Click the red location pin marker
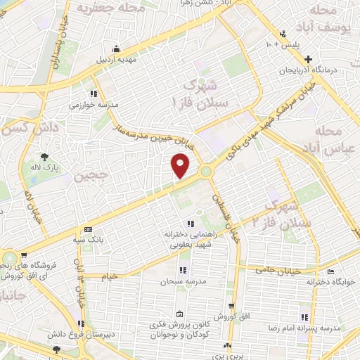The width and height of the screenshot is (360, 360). [x=181, y=166]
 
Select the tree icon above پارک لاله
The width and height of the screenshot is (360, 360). [x=46, y=157]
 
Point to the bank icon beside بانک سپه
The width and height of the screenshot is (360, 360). [x=88, y=229]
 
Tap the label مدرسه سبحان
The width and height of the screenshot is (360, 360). [x=182, y=281]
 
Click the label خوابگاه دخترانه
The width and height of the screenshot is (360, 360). [x=330, y=282]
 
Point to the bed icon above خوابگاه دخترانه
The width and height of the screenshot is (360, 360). [x=330, y=271]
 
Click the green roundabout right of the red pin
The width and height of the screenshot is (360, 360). [x=206, y=171]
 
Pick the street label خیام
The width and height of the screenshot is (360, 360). [x=110, y=277]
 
